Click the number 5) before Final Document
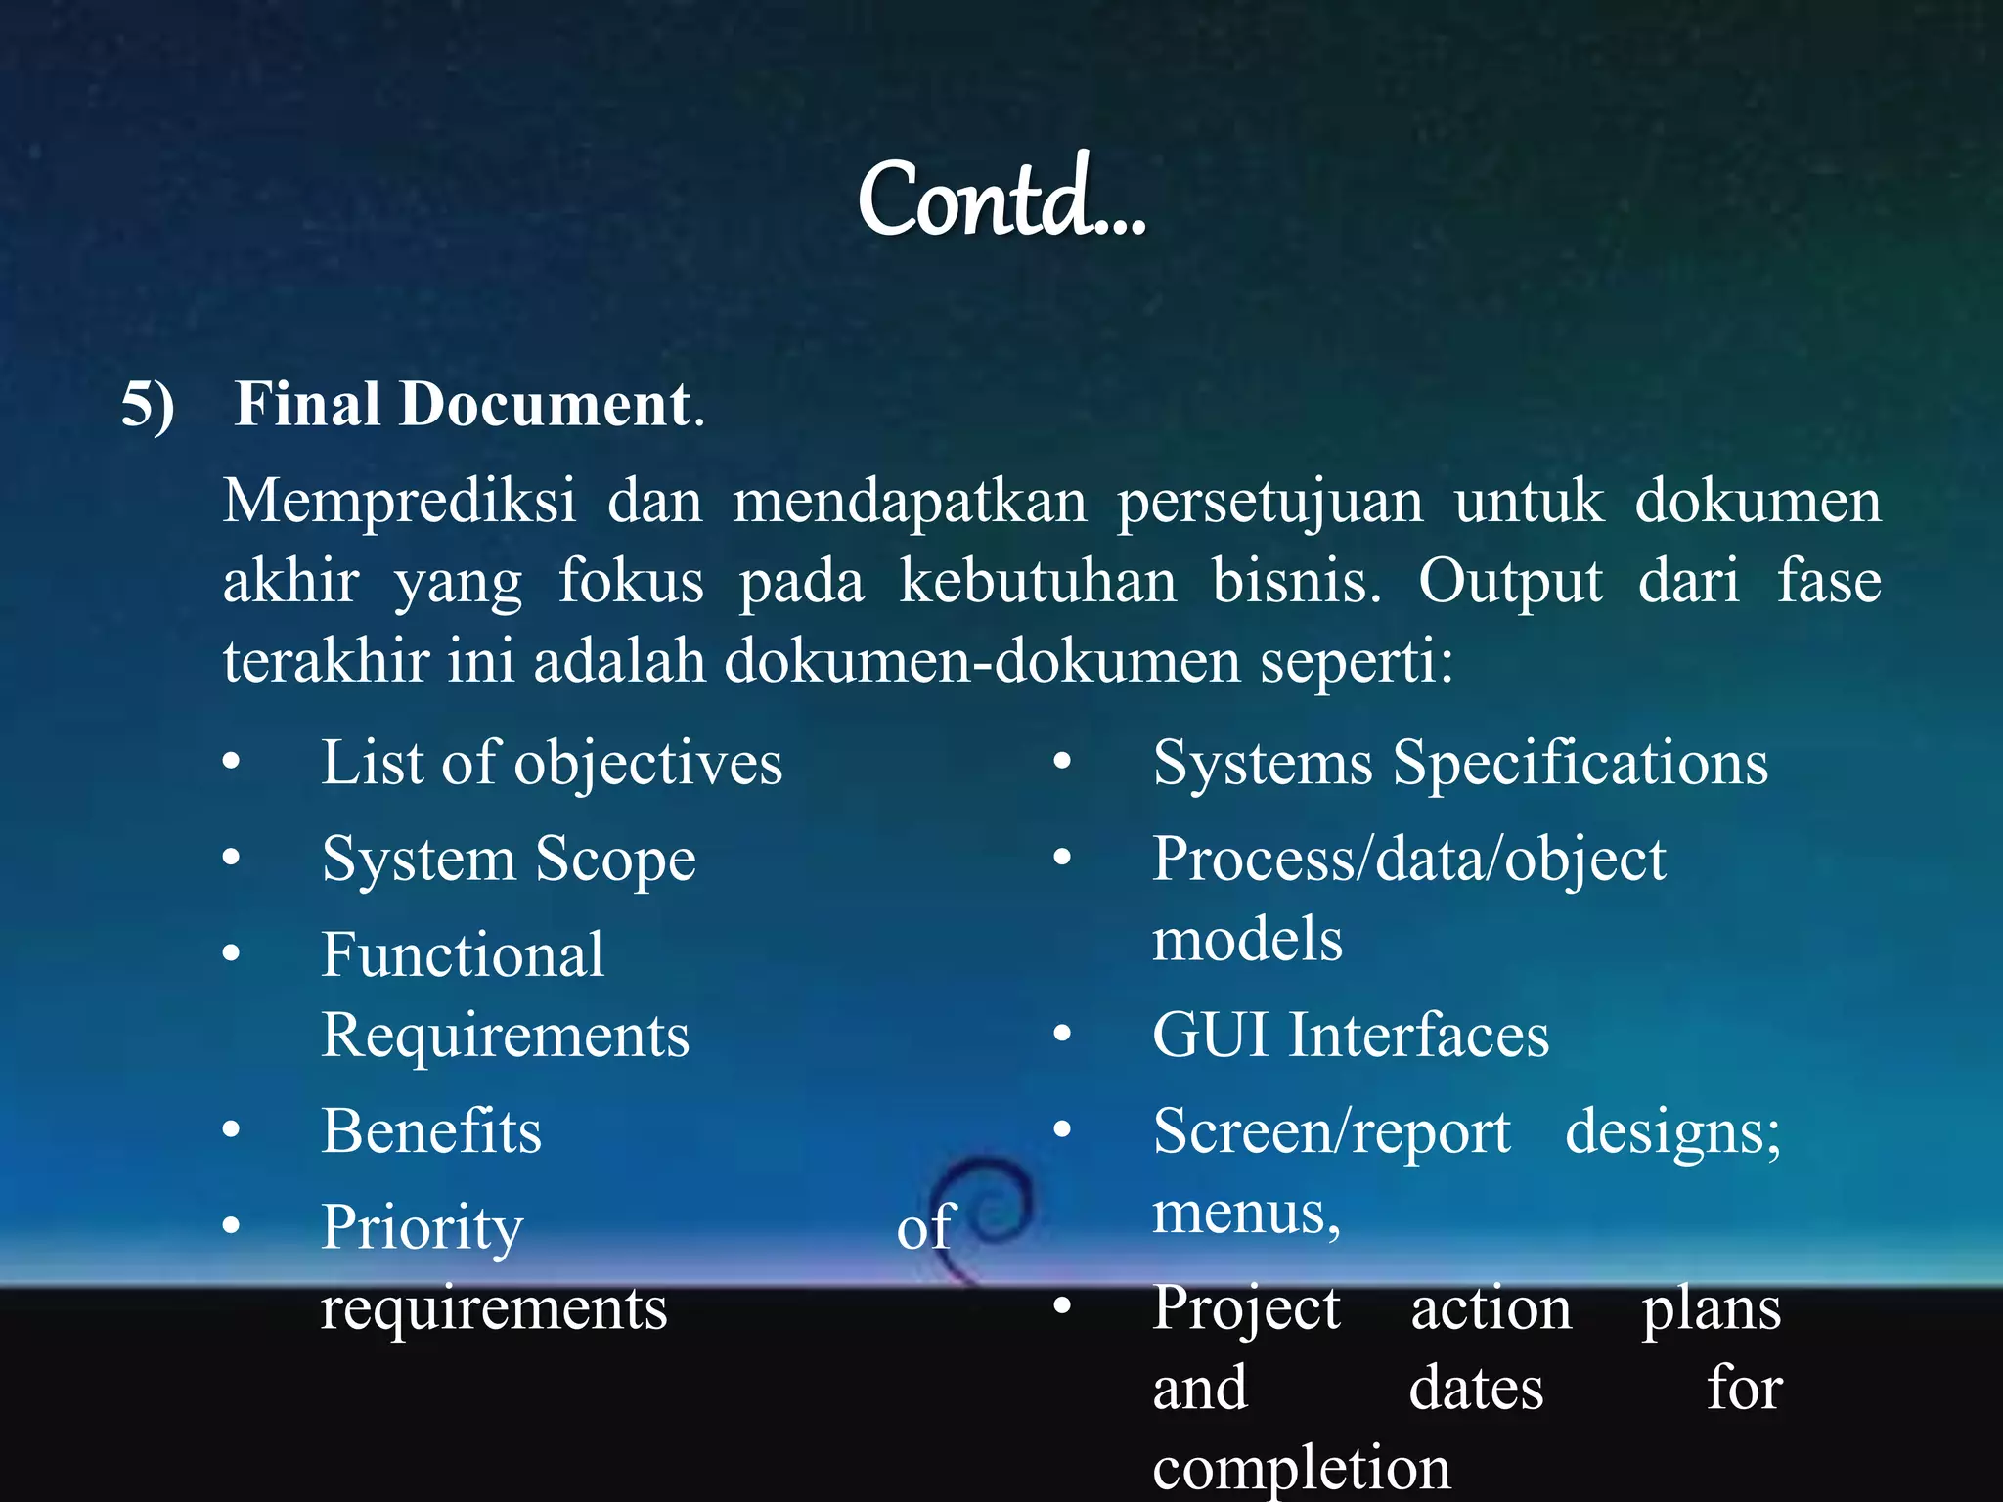pyautogui.click(x=148, y=404)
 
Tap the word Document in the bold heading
pyautogui.click(x=544, y=404)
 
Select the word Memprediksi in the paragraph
pyautogui.click(x=399, y=502)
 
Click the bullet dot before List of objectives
pyautogui.click(x=231, y=761)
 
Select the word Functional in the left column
pyautogui.click(x=463, y=955)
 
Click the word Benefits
pyautogui.click(x=431, y=1131)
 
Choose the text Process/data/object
pyautogui.click(x=1408, y=861)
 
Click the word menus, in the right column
pyautogui.click(x=1245, y=1214)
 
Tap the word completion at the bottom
pyautogui.click(x=1301, y=1467)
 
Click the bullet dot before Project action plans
pyautogui.click(x=1063, y=1305)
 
